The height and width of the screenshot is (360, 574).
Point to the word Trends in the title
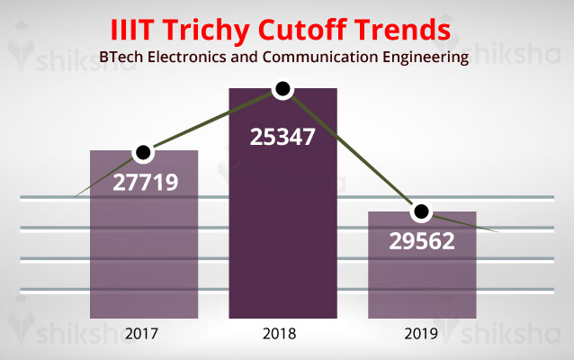pyautogui.click(x=404, y=29)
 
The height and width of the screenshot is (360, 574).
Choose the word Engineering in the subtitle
pyautogui.click(x=419, y=58)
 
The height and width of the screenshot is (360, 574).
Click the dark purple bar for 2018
pyautogui.click(x=283, y=234)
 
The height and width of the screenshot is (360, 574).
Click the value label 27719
pyautogui.click(x=145, y=183)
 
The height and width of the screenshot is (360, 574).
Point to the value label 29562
pyautogui.click(x=422, y=242)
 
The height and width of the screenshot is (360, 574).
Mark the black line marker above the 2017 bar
pyautogui.click(x=142, y=153)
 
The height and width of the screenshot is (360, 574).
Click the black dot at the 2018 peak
pyautogui.click(x=283, y=88)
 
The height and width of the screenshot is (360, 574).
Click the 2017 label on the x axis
pyautogui.click(x=144, y=334)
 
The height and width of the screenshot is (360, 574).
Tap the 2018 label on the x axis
pyautogui.click(x=283, y=334)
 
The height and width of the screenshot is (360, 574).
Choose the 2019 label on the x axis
pyautogui.click(x=421, y=334)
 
